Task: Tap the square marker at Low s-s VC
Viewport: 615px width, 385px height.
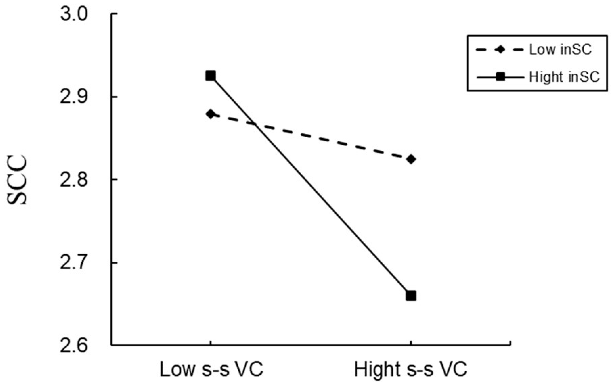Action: (x=211, y=76)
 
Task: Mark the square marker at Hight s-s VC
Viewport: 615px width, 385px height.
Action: (x=411, y=296)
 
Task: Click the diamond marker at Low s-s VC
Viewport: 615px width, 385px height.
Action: (x=211, y=114)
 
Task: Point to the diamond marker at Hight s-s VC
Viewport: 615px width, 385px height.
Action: (x=411, y=159)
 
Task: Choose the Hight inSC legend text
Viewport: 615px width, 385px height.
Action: (x=564, y=77)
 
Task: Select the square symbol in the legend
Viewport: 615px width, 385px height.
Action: (x=501, y=77)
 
